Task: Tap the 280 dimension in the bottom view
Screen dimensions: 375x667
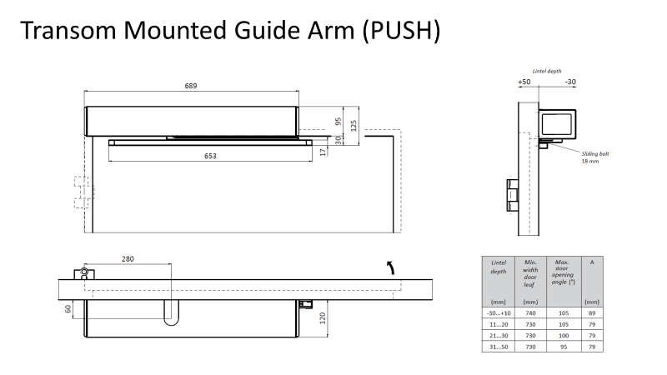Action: [128, 259]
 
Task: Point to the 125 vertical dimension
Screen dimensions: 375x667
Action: [354, 126]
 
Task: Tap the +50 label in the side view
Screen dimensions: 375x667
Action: [524, 82]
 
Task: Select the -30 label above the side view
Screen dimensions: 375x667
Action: [570, 82]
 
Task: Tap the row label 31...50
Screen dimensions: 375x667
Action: [499, 347]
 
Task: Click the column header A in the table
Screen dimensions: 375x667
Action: [591, 262]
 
